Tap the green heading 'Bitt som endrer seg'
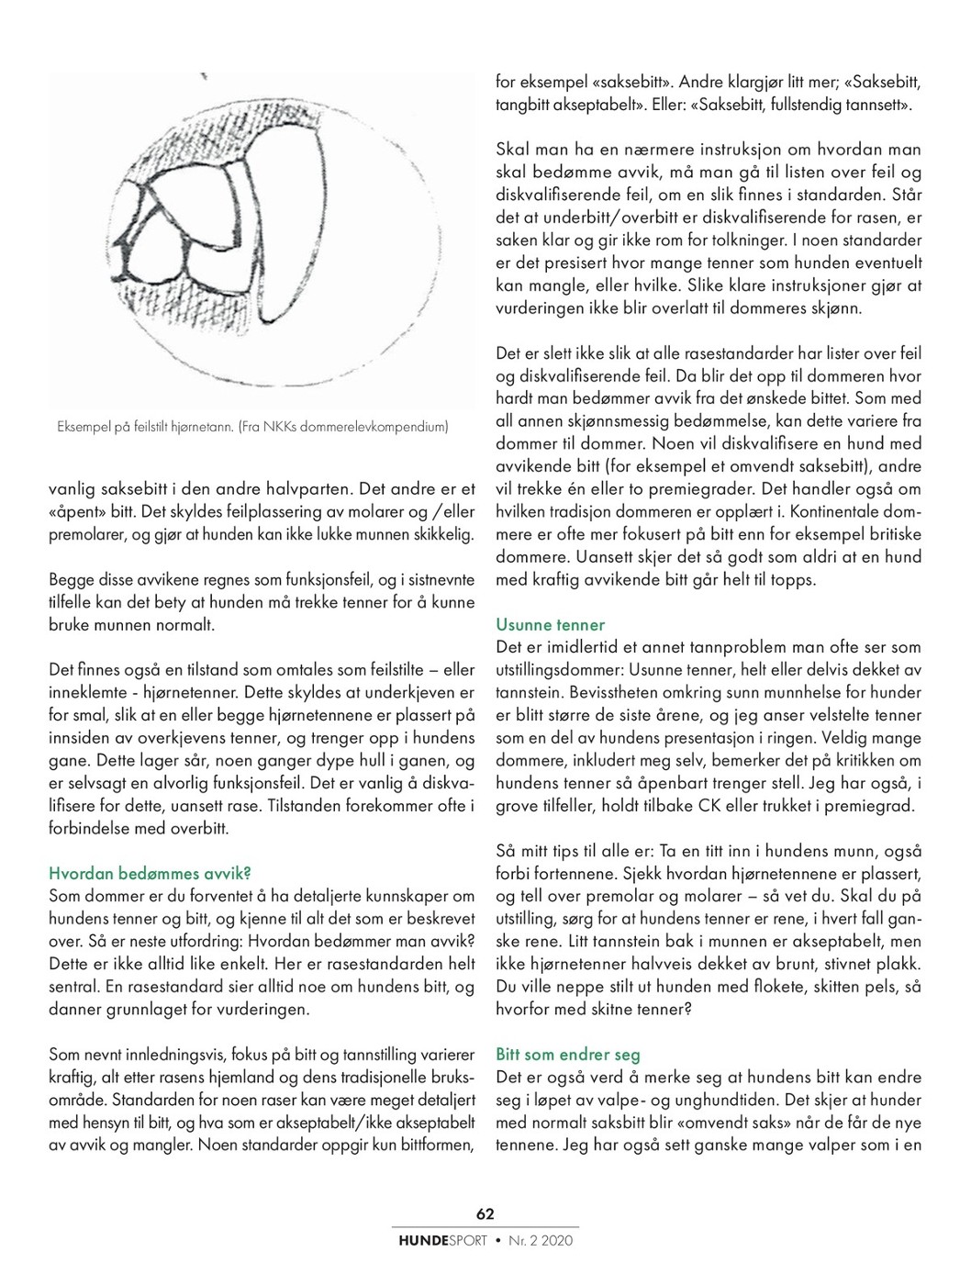coord(567,1055)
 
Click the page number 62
coord(485,1213)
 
